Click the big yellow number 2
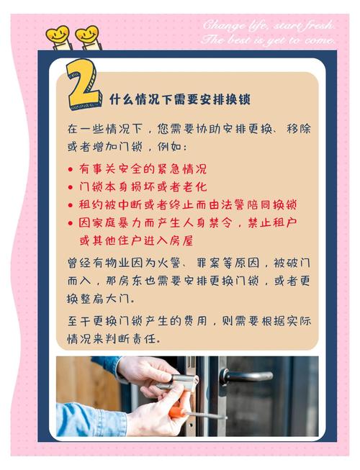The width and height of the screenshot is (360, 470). pos(83,86)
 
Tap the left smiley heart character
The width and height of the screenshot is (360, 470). pos(58,37)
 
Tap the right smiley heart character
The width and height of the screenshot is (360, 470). pos(88,37)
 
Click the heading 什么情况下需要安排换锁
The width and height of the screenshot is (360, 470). pos(180,99)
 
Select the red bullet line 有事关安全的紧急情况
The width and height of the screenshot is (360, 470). pos(143,168)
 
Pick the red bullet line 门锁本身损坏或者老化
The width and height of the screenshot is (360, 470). pos(143,186)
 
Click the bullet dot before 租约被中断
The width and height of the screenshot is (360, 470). pos(71,205)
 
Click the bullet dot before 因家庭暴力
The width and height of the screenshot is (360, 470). pos(71,223)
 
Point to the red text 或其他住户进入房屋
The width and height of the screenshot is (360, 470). pos(136,240)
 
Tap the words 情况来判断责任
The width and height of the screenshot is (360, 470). pos(114,339)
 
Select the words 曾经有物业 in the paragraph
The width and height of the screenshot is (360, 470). pos(99,263)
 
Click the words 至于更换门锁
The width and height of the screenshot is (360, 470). pos(104,321)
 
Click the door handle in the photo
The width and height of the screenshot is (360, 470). pos(246,376)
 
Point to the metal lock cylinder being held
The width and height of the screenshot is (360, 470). pos(180,381)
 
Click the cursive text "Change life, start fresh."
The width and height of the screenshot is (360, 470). pos(269,25)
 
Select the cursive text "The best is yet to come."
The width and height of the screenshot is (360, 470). pos(268,40)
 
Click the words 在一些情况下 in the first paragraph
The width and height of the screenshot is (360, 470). pos(104,129)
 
